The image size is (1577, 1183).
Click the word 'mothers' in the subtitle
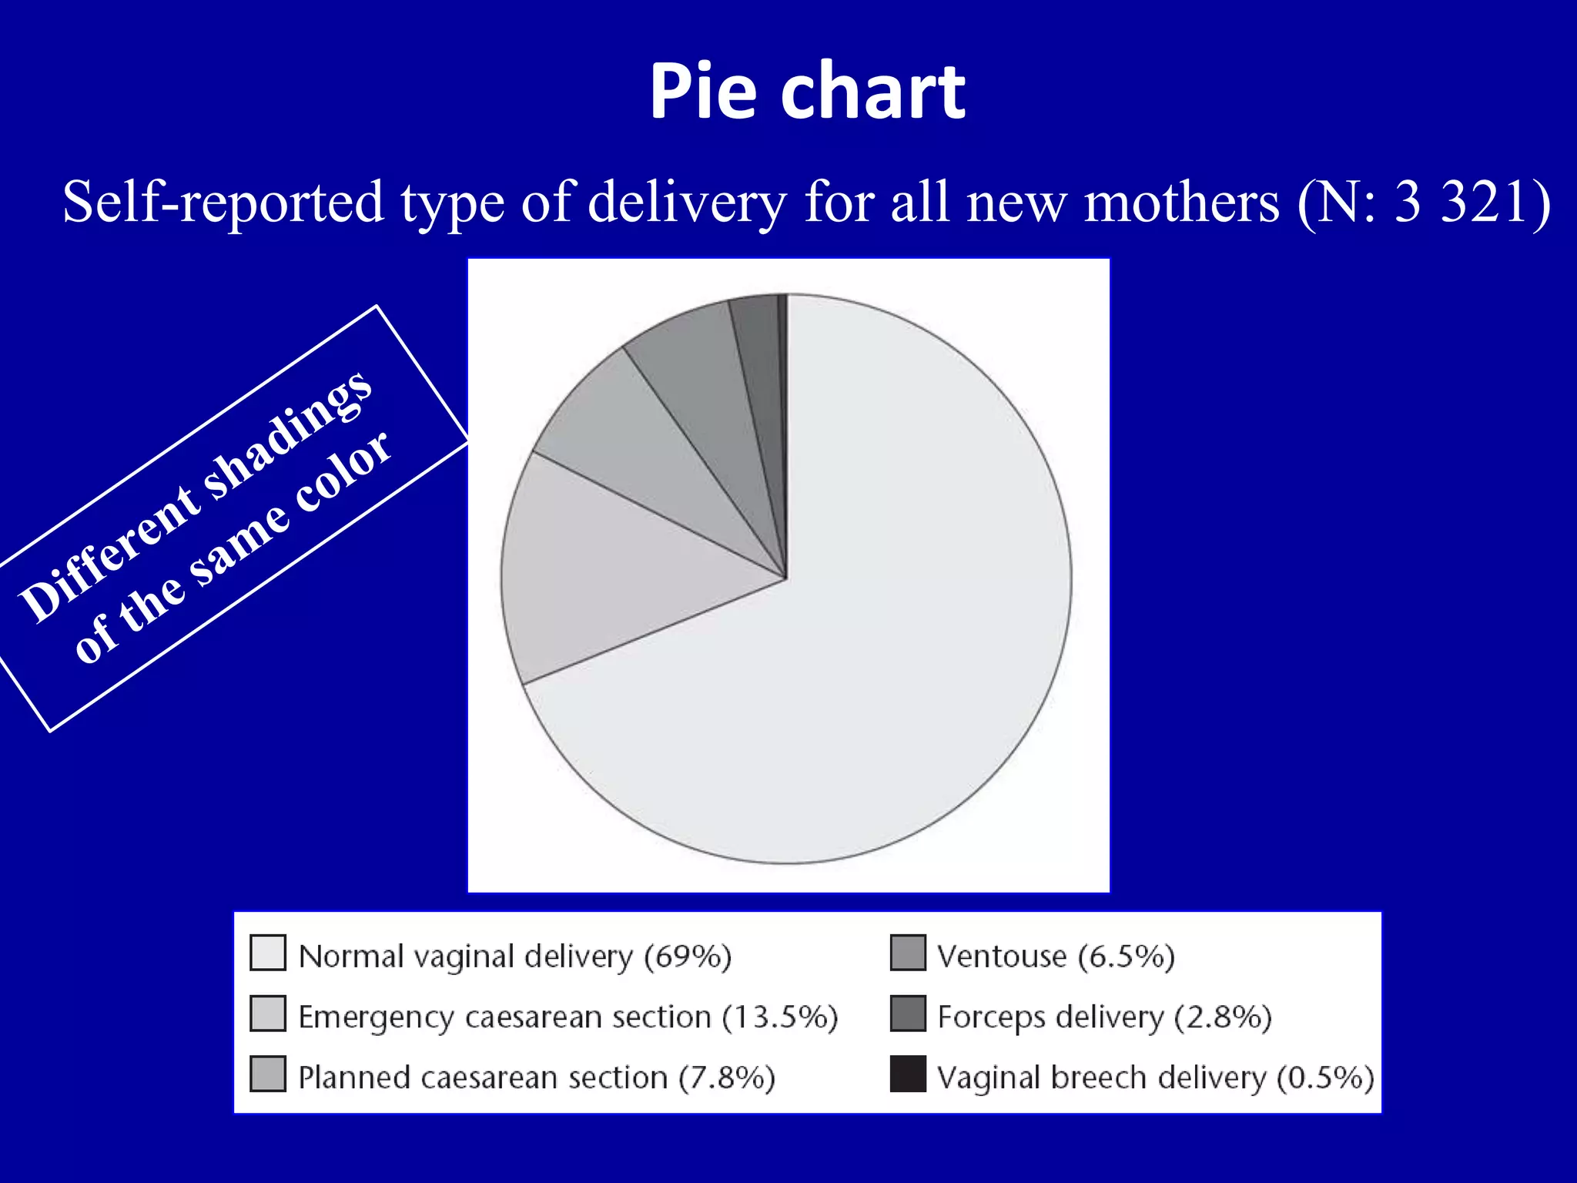[1181, 202]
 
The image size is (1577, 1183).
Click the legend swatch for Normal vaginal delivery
[268, 953]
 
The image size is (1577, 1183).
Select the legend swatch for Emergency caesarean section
[268, 1014]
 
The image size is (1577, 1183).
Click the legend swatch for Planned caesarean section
[268, 1074]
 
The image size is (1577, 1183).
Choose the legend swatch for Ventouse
[908, 953]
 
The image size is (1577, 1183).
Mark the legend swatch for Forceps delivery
[908, 1014]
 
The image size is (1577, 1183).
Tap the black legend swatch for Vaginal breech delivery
[908, 1074]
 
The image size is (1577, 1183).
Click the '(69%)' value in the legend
[688, 956]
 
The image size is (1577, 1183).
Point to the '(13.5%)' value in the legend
[779, 1017]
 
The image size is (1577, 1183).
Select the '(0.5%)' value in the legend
[1325, 1077]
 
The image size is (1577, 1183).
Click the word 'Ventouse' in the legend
[1002, 956]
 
